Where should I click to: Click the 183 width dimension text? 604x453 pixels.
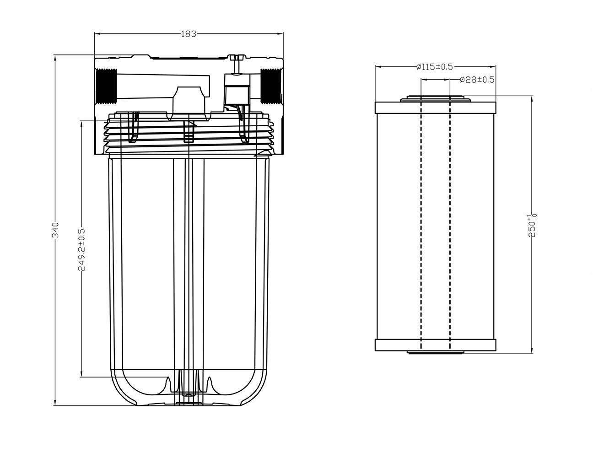click(x=189, y=34)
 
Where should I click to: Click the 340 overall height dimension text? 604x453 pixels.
click(x=55, y=230)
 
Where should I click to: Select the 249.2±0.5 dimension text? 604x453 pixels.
click(x=81, y=249)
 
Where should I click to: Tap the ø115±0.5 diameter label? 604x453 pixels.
click(x=434, y=67)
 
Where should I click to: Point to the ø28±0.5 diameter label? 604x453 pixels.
click(x=477, y=80)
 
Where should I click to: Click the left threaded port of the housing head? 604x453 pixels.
click(x=106, y=86)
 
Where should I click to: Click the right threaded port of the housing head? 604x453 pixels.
click(x=271, y=86)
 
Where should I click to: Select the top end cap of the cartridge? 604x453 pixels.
click(x=435, y=108)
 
